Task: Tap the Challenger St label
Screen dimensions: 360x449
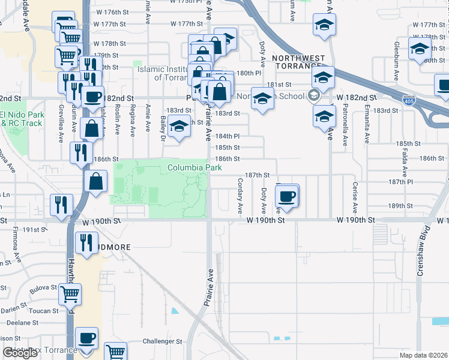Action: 161,341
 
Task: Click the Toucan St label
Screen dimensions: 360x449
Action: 40,311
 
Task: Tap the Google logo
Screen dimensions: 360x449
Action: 20,353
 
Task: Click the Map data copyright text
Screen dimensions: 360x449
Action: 423,355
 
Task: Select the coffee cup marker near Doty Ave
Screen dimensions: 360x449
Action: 288,196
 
